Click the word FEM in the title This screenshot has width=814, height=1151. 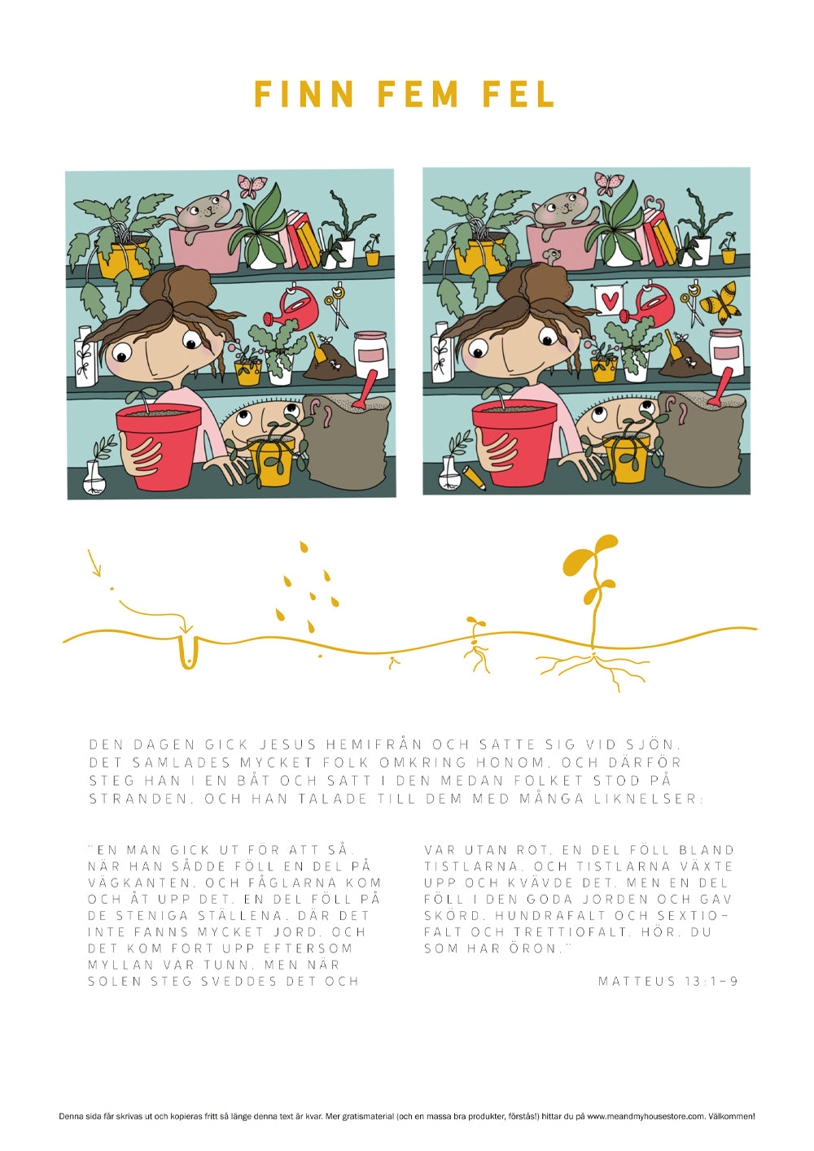[418, 94]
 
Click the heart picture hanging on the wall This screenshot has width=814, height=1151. [608, 301]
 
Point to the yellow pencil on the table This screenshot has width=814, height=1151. [474, 477]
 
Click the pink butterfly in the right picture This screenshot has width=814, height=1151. [609, 184]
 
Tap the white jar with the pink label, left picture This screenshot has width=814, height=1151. [370, 355]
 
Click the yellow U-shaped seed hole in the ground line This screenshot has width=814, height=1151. [188, 654]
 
